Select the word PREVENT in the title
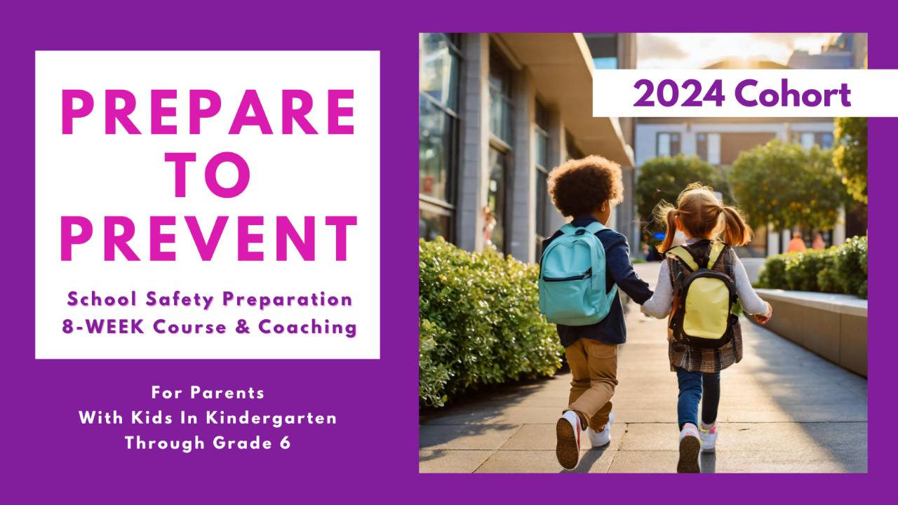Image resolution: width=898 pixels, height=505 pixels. [208, 238]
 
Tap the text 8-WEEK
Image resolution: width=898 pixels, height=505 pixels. [99, 327]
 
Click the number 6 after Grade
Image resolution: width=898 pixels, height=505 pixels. [286, 443]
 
